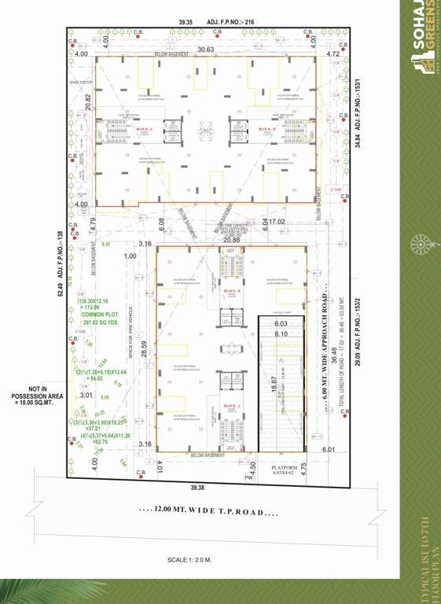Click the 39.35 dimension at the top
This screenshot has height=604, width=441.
point(186,23)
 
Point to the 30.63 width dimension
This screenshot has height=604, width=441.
point(206,50)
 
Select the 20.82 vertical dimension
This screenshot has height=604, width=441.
point(89,101)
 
